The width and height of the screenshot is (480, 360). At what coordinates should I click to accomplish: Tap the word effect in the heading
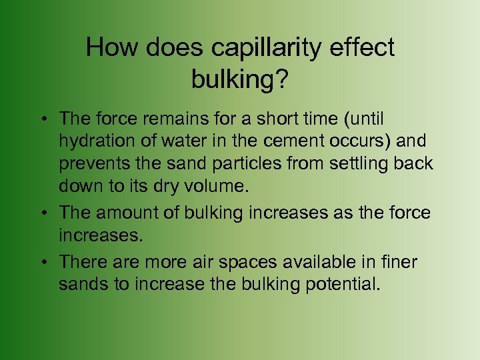(364, 48)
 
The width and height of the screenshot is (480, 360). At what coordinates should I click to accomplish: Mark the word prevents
(91, 164)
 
